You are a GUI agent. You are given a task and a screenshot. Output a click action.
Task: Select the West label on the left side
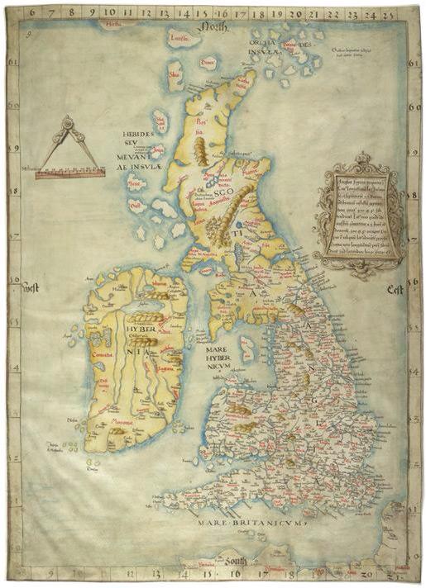[x=32, y=288]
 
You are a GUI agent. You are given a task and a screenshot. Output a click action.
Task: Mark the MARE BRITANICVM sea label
[x=247, y=522]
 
